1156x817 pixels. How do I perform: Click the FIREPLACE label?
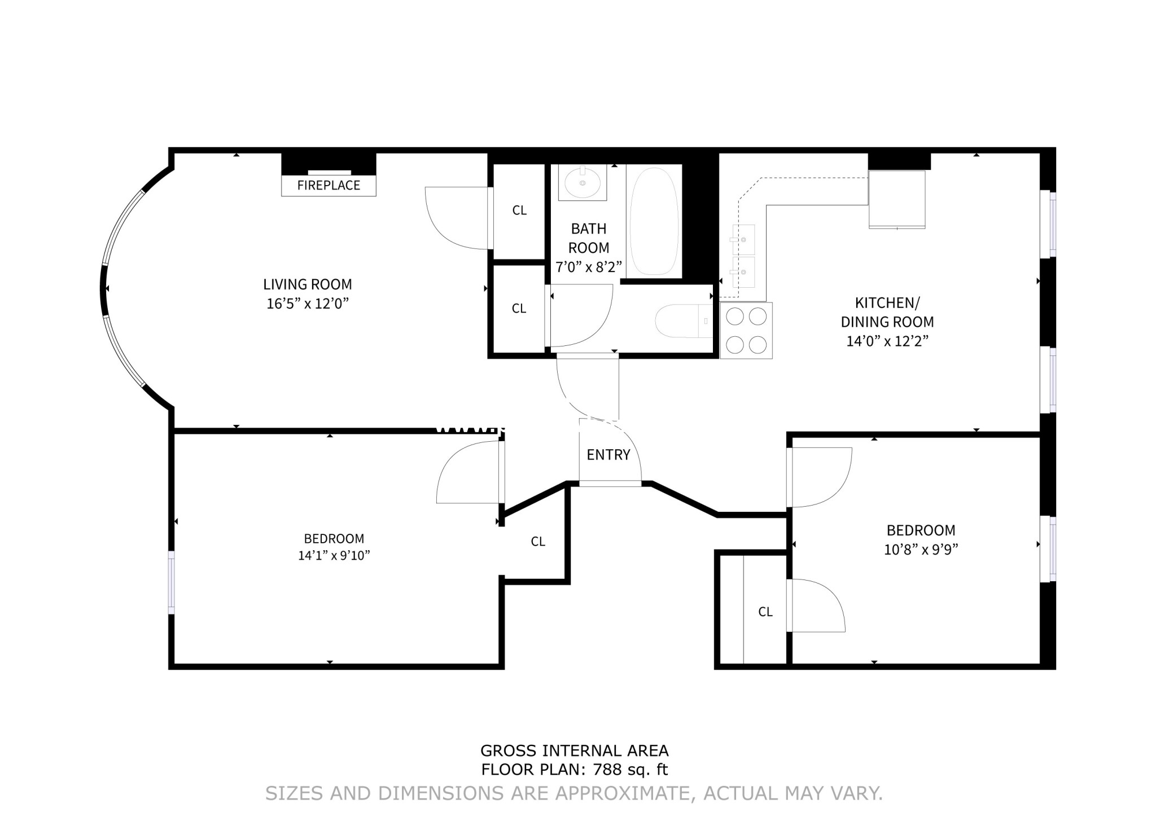click(329, 186)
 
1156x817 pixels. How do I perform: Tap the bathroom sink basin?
click(582, 183)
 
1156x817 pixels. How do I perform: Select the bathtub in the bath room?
click(654, 221)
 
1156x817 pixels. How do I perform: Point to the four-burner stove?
click(746, 331)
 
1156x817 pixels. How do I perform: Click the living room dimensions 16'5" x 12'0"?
click(308, 304)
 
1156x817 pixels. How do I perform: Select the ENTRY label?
click(608, 455)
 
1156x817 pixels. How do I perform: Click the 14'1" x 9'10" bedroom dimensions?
click(334, 556)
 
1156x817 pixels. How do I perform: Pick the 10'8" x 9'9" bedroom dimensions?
click(921, 550)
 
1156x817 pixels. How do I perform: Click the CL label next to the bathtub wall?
click(519, 210)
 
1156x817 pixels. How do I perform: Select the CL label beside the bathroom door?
click(519, 309)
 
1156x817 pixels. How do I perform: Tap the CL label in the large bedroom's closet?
click(538, 542)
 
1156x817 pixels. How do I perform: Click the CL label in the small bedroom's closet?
click(765, 612)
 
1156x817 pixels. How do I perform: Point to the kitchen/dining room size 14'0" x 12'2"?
click(887, 341)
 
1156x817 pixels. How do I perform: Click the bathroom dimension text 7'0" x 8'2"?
click(588, 267)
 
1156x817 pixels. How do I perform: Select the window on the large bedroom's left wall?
click(172, 582)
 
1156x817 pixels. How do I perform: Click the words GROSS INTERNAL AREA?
click(574, 751)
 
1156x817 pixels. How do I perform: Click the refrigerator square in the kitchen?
click(896, 199)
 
